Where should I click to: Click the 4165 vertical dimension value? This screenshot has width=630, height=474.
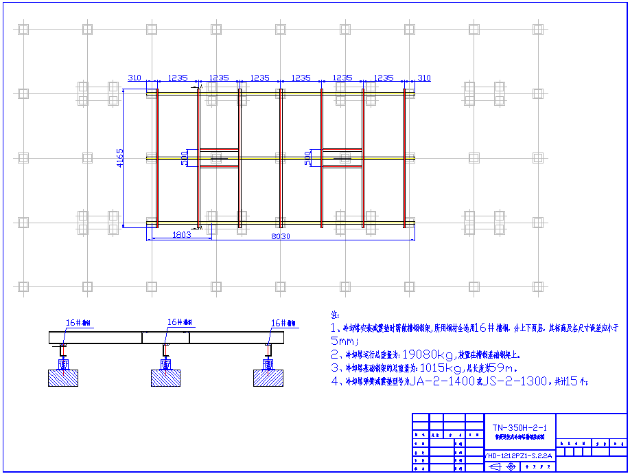point(121,158)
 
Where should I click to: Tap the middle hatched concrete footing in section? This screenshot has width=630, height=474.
point(165,378)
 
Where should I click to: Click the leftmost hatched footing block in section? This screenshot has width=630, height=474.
point(63,378)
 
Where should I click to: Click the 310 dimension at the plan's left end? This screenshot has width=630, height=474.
point(135,78)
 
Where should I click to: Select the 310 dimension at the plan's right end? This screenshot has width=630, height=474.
point(424,78)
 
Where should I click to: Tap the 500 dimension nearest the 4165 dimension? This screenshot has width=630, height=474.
point(183,158)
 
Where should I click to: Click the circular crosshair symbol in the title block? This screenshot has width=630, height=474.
point(511,466)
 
